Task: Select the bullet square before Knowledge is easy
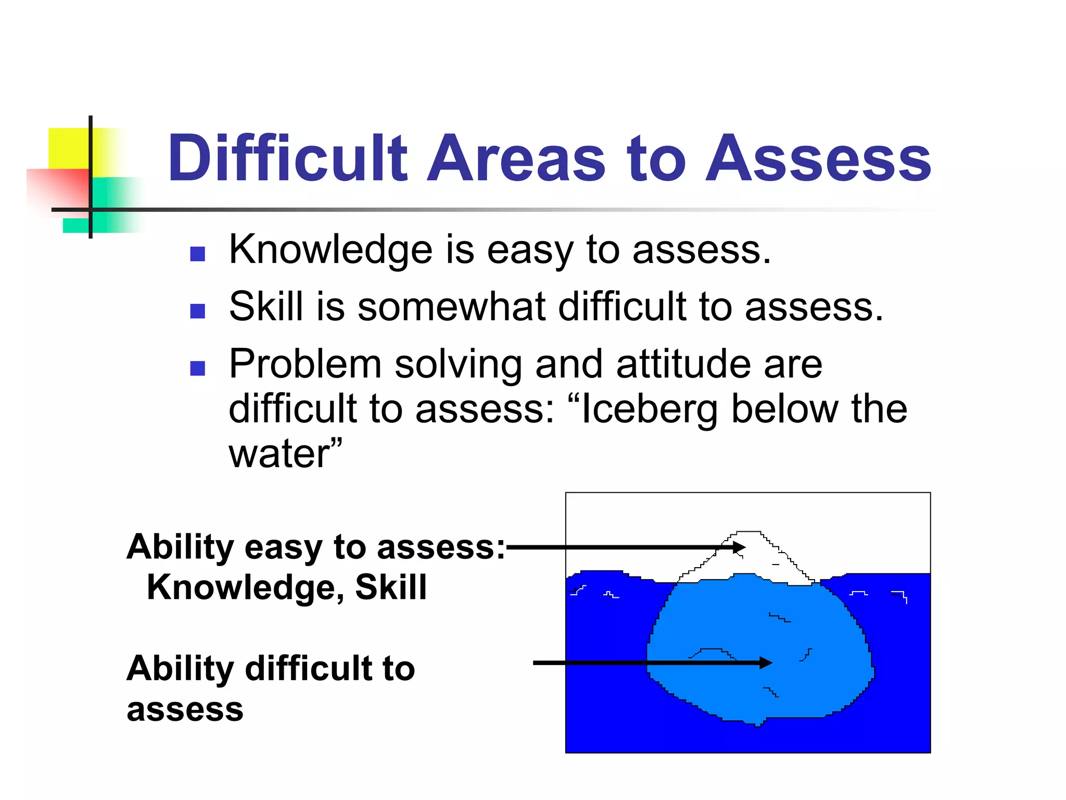click(197, 254)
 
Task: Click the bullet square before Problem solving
click(197, 368)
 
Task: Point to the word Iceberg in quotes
click(649, 409)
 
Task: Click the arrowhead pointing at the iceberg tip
click(739, 547)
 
